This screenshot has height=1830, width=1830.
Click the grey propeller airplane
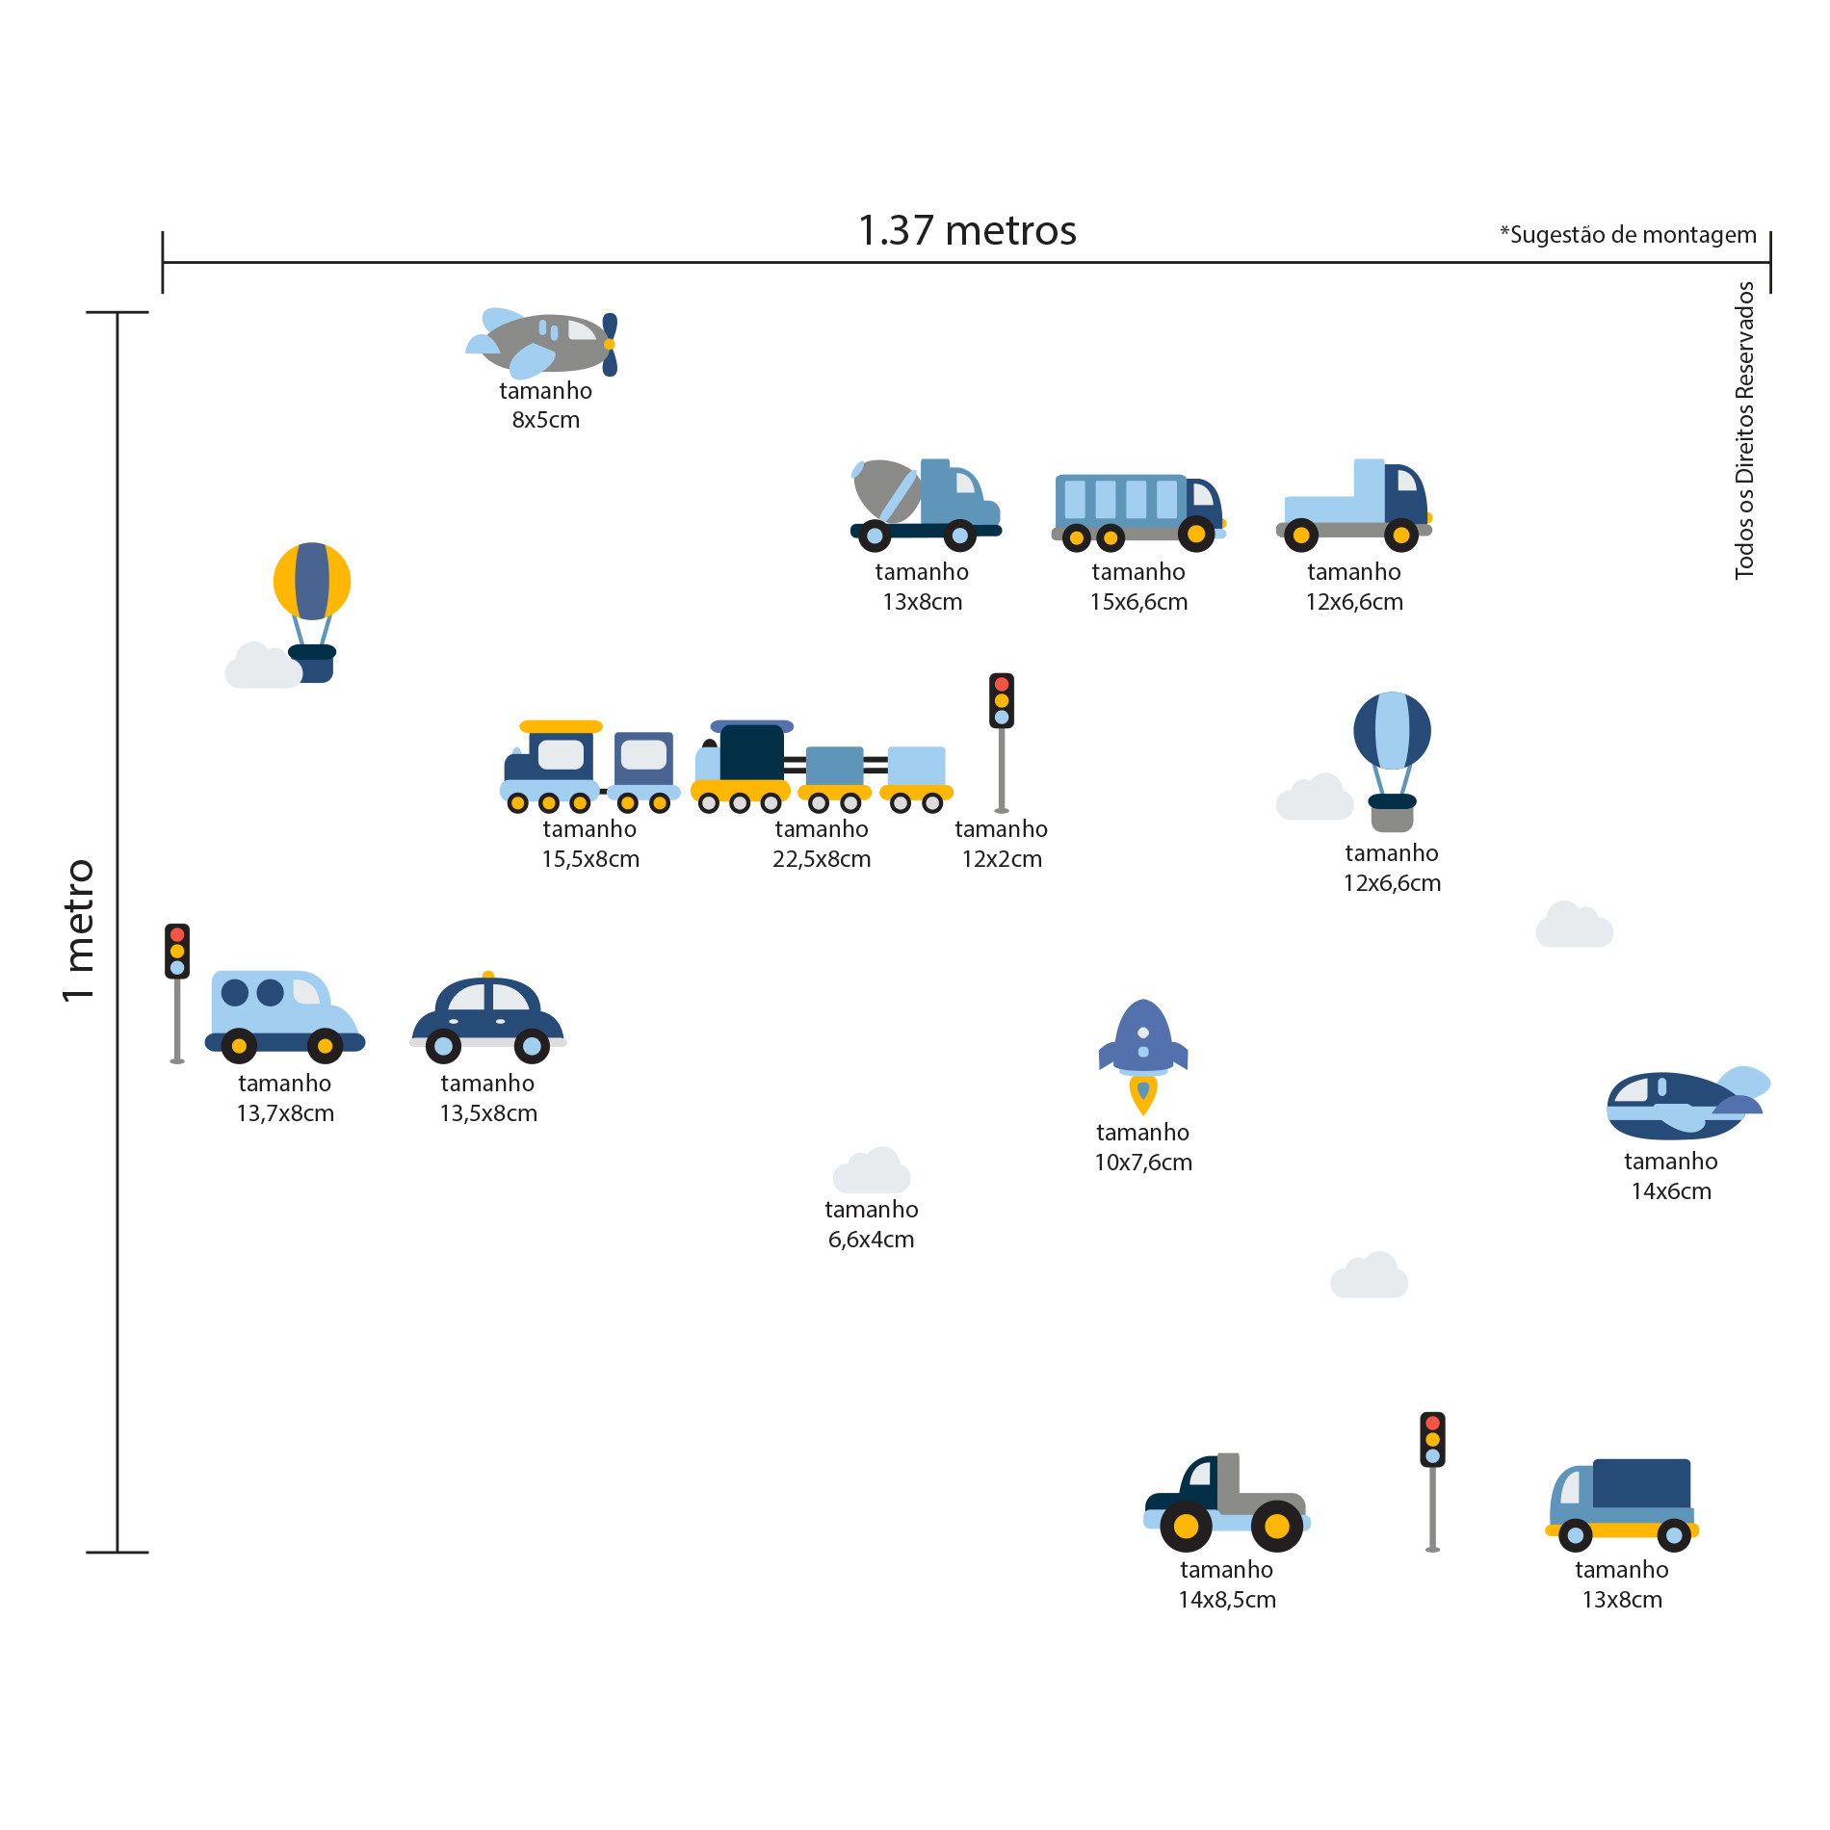pyautogui.click(x=544, y=343)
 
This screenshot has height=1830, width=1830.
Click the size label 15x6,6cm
pyautogui.click(x=1138, y=602)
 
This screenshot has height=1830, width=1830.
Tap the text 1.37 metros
pyautogui.click(x=967, y=231)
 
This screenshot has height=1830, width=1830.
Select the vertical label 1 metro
pyautogui.click(x=79, y=930)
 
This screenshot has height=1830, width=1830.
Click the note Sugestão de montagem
pyautogui.click(x=1628, y=235)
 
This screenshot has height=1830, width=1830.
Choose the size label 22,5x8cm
pyautogui.click(x=822, y=859)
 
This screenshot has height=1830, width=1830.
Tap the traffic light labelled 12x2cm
pyautogui.click(x=1002, y=742)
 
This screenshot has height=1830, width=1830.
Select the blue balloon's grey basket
pyautogui.click(x=1392, y=820)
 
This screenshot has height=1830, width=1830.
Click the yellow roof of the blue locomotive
pyautogui.click(x=561, y=726)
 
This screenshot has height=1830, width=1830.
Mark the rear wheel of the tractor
pyautogui.click(x=1277, y=1526)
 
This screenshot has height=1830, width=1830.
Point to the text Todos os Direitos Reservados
pyautogui.click(x=1744, y=430)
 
